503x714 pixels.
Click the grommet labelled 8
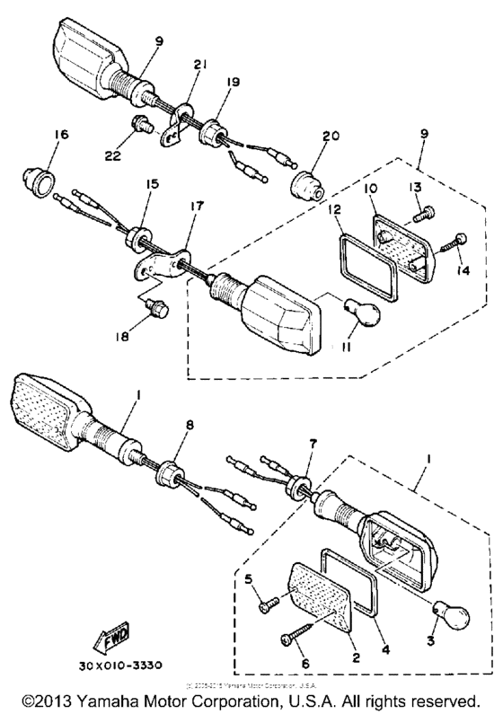click(x=171, y=472)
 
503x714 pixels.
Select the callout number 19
click(x=232, y=82)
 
